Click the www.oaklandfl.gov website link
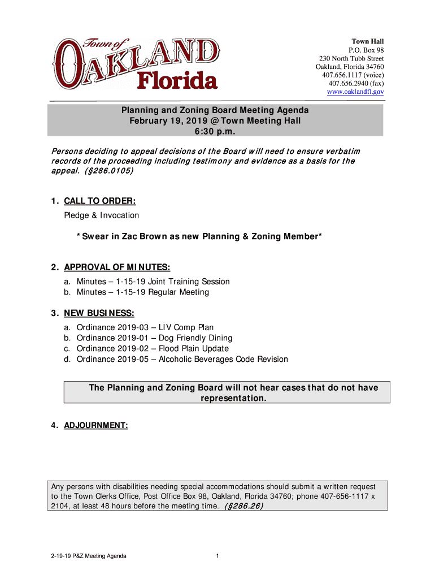(x=355, y=92)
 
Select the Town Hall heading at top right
(x=368, y=42)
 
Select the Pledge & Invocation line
(x=101, y=215)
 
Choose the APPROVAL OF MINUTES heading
(x=117, y=267)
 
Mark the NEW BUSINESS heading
(x=99, y=313)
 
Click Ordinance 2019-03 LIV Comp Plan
(x=145, y=327)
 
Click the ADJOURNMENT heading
(x=96, y=424)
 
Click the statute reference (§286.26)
(x=243, y=506)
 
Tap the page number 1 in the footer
(x=217, y=556)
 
